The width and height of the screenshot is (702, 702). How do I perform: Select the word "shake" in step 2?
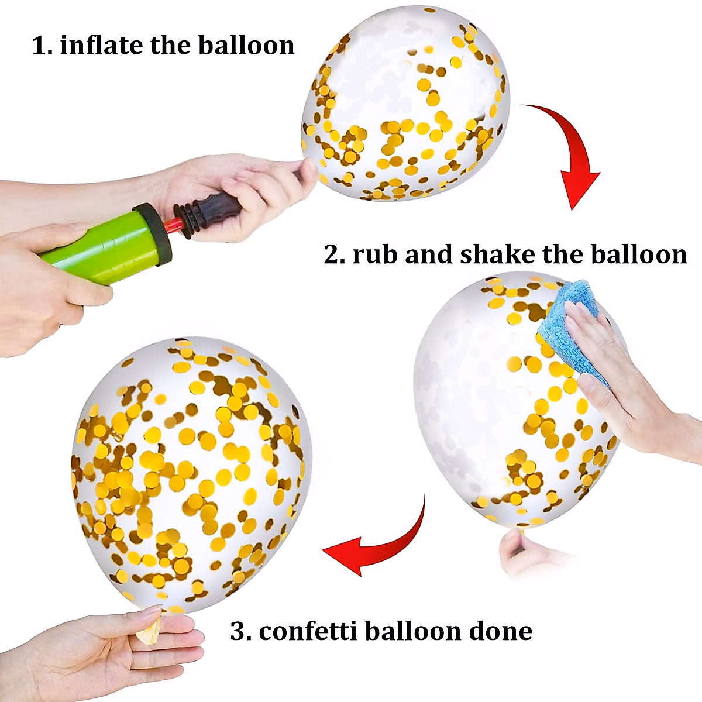497,255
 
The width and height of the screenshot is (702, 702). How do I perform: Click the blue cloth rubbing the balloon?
570,328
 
